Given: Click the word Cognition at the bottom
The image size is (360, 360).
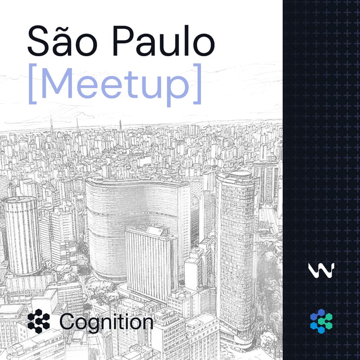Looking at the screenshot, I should pyautogui.click(x=106, y=322).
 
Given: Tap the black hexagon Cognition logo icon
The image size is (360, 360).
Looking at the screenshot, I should pyautogui.click(x=39, y=321).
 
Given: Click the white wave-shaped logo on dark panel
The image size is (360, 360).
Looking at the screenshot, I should pyautogui.click(x=321, y=270).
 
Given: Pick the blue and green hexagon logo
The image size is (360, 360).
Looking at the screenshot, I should pyautogui.click(x=321, y=321).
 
